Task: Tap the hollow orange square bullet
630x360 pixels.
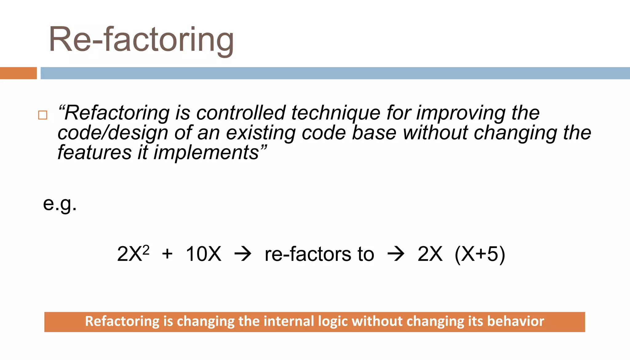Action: pyautogui.click(x=43, y=115)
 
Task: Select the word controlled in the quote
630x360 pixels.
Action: pyautogui.click(x=241, y=113)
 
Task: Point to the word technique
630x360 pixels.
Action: pyautogui.click(x=336, y=113)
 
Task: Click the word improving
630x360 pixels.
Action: pyautogui.click(x=461, y=113)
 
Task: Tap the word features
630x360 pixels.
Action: pyautogui.click(x=94, y=152)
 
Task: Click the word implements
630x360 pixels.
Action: pyautogui.click(x=206, y=152)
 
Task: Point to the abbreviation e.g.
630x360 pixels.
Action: pyautogui.click(x=60, y=203)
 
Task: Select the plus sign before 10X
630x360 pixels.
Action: pyautogui.click(x=167, y=254)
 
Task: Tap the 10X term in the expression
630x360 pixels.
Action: pyautogui.click(x=203, y=254)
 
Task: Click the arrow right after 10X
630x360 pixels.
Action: pyautogui.click(x=243, y=254)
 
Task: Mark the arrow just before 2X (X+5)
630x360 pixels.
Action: pyautogui.click(x=396, y=254)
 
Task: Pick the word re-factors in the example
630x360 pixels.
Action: pyautogui.click(x=308, y=254)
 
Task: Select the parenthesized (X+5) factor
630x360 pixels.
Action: pyautogui.click(x=480, y=254)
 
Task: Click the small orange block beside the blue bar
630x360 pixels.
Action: pyautogui.click(x=18, y=73)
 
